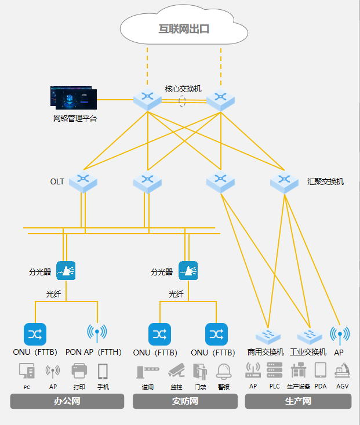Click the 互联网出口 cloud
point(183,28)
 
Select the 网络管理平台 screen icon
point(74,98)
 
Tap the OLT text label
point(57,181)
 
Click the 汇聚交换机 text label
point(325,181)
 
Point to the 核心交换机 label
point(183,89)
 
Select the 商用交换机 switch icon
point(268,336)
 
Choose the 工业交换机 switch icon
point(309,336)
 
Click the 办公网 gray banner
point(67,401)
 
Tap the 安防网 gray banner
point(186,401)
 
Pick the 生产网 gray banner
point(298,401)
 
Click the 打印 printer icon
point(79,371)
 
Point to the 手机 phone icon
point(103,371)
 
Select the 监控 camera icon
point(176,371)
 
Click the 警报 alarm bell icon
point(224,371)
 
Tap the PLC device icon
point(274,370)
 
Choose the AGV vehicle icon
point(342,370)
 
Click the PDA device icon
point(321,370)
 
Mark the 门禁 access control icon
point(200,371)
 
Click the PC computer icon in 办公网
point(27,371)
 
